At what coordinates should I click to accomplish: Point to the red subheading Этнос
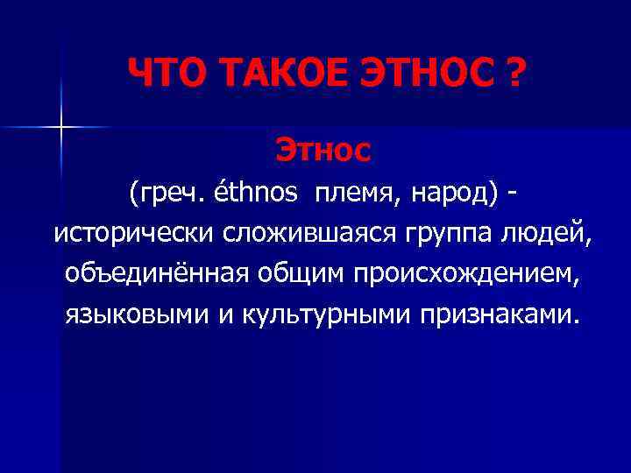pos(323,150)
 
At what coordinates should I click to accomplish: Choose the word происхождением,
pos(465,274)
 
